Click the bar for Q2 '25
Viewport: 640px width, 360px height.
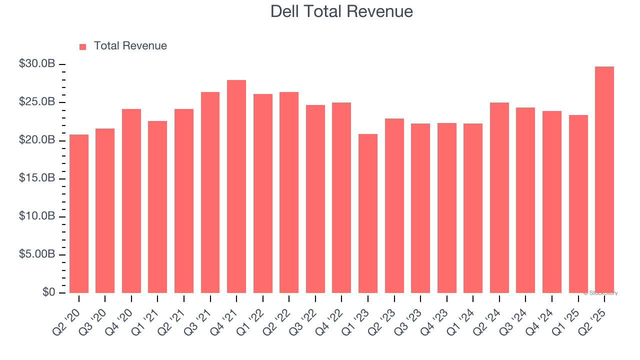coord(604,179)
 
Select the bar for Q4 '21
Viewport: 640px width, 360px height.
coord(236,186)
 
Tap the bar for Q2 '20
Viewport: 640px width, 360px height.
coord(79,213)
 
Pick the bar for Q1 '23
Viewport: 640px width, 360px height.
coord(368,213)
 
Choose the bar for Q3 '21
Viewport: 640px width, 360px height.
coord(210,192)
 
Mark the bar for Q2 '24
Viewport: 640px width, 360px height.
coord(499,197)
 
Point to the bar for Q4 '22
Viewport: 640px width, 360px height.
coord(341,197)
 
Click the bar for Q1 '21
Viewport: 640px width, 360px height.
coord(157,207)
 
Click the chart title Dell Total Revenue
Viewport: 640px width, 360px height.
coord(341,11)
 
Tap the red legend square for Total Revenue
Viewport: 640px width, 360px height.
coord(83,46)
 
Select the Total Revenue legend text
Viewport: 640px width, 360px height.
coord(130,46)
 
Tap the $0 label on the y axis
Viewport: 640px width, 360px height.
coord(48,292)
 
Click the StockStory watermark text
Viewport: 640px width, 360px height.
coord(600,293)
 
